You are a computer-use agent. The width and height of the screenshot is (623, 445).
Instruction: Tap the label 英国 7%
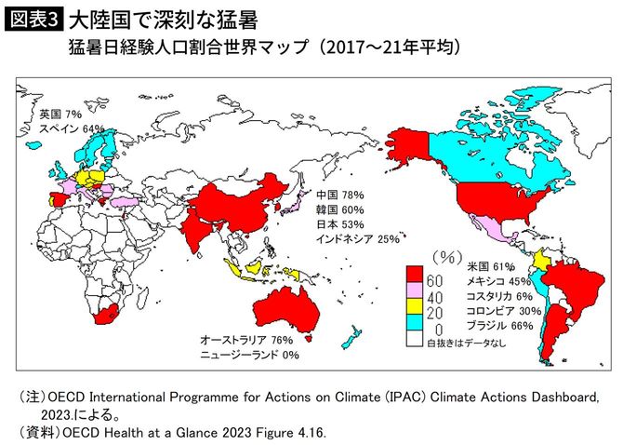(60, 113)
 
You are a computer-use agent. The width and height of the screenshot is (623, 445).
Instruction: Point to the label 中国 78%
(339, 196)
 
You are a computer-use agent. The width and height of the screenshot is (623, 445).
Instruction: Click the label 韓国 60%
(339, 210)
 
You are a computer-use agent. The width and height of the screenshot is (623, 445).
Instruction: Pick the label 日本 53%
(339, 224)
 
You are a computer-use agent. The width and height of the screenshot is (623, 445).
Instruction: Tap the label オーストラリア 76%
(241, 340)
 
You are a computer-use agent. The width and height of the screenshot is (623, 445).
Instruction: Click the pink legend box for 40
(416, 293)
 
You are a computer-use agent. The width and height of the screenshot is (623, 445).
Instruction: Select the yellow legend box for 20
(416, 310)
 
